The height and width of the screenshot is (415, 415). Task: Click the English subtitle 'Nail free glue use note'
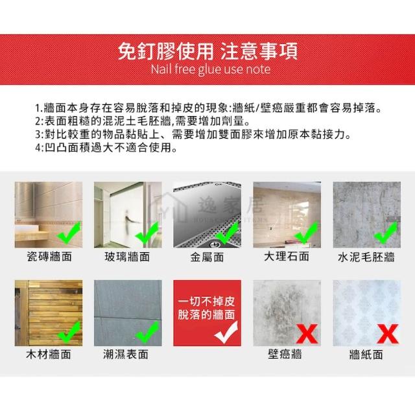point(211,69)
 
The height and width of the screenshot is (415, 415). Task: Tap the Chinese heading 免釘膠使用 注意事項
point(207,51)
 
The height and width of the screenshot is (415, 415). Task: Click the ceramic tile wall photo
point(49,215)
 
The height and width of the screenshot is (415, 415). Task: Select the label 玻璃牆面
point(127,257)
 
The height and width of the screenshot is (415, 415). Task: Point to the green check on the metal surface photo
point(227,232)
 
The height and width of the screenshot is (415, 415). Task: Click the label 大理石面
point(287,257)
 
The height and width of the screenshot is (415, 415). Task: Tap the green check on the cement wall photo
point(386,232)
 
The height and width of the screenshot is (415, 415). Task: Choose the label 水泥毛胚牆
point(366,257)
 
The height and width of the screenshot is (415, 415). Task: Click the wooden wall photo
point(49,313)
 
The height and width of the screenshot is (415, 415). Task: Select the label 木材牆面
point(49,355)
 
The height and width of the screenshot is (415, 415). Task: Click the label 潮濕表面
point(126,355)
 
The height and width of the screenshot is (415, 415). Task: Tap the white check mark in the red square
point(226,332)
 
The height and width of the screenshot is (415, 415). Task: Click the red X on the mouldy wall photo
point(307,334)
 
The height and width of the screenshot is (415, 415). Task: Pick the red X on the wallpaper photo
point(388,334)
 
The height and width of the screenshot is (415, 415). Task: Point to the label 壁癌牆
point(285,354)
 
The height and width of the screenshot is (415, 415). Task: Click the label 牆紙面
point(366,355)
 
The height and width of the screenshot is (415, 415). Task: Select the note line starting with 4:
point(106,147)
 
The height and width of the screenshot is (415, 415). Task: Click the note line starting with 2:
point(143,121)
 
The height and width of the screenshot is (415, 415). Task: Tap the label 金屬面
point(207,257)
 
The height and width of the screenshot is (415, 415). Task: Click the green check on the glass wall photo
point(147,232)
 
